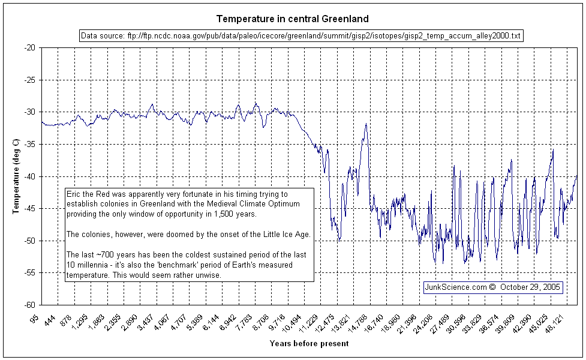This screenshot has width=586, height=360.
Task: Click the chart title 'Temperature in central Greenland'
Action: coord(293,19)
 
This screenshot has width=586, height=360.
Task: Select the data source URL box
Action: coord(301,36)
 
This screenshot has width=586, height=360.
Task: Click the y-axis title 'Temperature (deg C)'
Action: coord(16,176)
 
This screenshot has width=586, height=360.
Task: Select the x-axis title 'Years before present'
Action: coord(309,344)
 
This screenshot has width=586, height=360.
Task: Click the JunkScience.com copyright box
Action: coord(493,287)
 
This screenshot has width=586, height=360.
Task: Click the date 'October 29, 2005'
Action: coord(530,287)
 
